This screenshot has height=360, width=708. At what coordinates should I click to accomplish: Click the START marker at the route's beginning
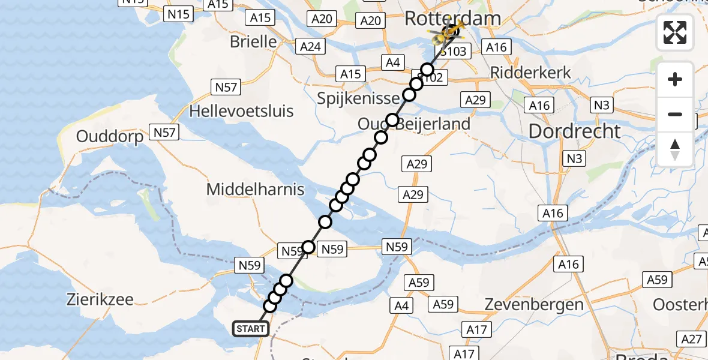click(x=250, y=328)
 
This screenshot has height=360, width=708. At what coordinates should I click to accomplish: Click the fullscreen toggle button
click(x=675, y=32)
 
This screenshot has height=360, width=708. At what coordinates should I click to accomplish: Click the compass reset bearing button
click(x=675, y=149)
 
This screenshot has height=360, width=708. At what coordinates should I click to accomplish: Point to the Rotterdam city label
click(x=452, y=17)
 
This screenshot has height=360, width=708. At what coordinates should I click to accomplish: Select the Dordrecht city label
click(x=574, y=131)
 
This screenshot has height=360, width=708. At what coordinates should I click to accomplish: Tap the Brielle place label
click(x=254, y=42)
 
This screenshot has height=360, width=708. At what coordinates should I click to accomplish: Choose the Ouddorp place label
click(x=110, y=137)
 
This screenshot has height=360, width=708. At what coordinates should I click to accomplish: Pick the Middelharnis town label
click(x=255, y=190)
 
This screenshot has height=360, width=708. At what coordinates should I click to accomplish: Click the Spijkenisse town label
click(x=358, y=98)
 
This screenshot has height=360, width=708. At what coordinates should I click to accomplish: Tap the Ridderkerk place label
click(x=530, y=72)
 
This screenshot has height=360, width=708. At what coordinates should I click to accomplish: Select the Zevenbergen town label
click(x=534, y=304)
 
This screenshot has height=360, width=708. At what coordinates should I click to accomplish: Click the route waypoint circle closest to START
click(x=270, y=307)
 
